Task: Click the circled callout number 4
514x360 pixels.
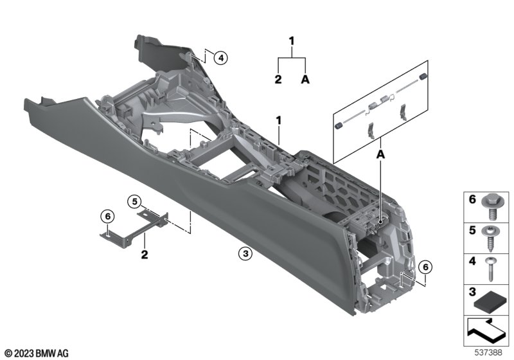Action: [x=220, y=58]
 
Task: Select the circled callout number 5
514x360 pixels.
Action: [x=134, y=202]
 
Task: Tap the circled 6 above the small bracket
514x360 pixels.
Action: [x=107, y=217]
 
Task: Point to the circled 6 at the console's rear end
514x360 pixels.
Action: [x=425, y=267]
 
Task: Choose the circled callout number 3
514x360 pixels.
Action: [x=245, y=253]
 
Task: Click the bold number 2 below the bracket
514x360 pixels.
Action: [x=145, y=255]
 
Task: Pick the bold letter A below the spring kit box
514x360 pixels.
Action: [x=380, y=154]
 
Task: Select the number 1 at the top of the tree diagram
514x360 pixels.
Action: [x=292, y=41]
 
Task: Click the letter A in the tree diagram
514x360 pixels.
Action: [x=305, y=79]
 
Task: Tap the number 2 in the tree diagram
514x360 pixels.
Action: [x=278, y=79]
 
